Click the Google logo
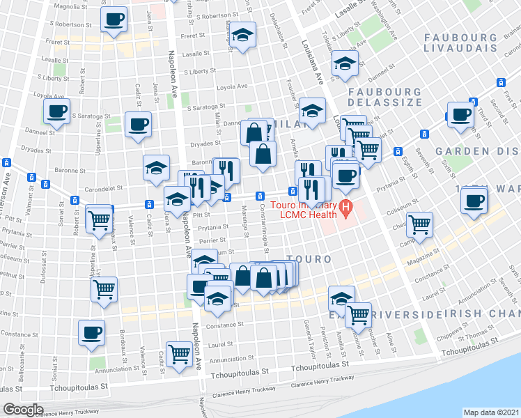coord(23,410)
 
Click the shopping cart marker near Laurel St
coord(180,354)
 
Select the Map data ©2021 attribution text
coord(491,412)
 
